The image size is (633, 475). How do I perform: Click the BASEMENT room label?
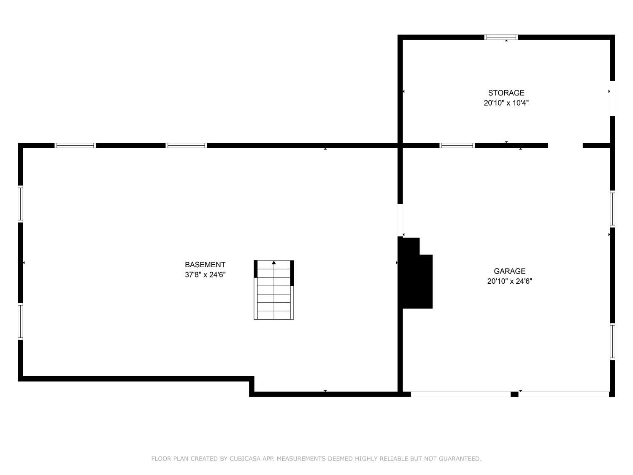click(x=205, y=265)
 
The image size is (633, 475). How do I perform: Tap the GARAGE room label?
click(x=509, y=271)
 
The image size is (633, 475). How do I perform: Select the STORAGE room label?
click(x=506, y=93)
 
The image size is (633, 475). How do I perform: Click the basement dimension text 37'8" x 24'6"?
click(x=205, y=275)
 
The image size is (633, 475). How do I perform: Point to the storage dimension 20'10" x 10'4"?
click(x=506, y=103)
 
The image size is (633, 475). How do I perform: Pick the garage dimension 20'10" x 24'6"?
click(x=509, y=281)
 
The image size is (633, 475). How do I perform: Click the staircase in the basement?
click(x=273, y=291)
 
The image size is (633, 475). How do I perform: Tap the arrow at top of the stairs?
click(x=274, y=263)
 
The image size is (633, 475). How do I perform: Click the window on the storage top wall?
click(x=501, y=37)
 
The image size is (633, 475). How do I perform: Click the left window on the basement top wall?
click(x=75, y=146)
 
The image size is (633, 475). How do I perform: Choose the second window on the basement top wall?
click(x=186, y=146)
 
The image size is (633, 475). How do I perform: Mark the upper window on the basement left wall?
click(x=20, y=204)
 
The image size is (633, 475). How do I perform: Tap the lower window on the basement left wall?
click(x=20, y=321)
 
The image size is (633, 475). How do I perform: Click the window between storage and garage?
click(x=457, y=146)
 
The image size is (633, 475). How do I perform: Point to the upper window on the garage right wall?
click(x=612, y=209)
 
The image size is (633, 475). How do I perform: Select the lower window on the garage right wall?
click(x=612, y=342)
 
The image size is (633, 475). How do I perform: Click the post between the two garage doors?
click(x=514, y=394)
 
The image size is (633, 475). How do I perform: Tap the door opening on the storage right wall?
click(x=612, y=98)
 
